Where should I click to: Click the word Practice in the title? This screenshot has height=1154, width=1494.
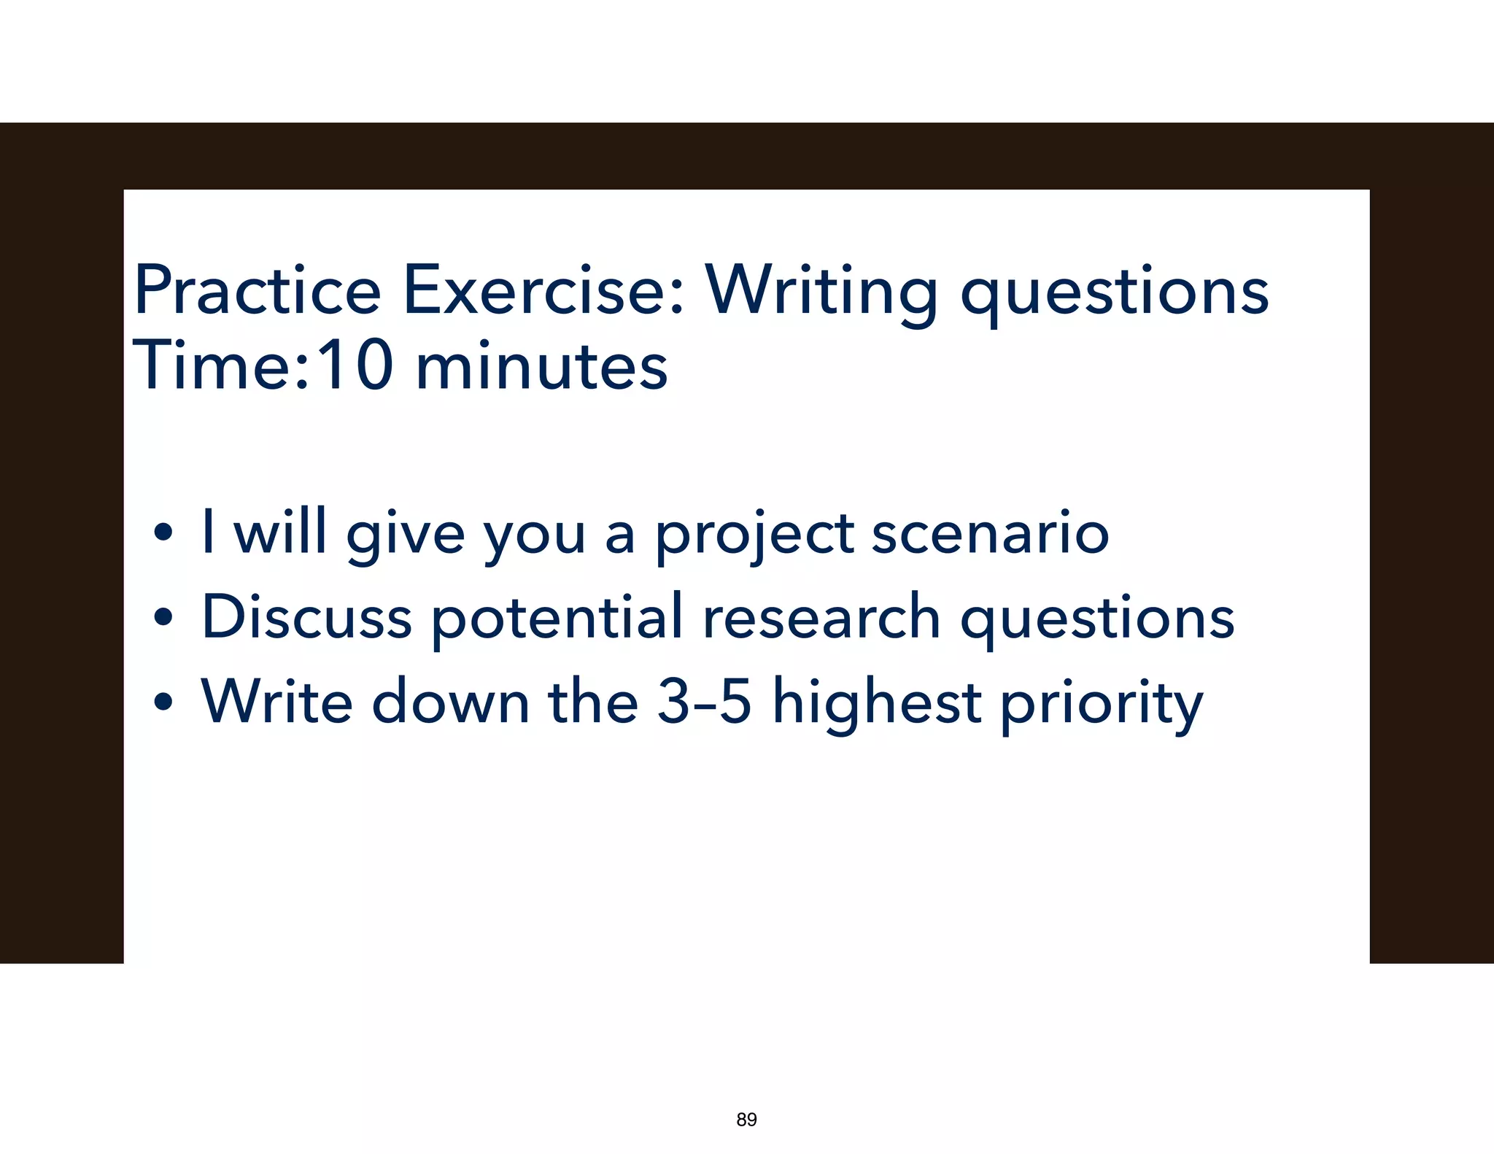click(x=257, y=290)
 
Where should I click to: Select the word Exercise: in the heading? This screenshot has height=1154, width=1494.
click(x=543, y=290)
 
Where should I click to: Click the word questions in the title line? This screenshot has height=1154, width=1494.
click(x=1114, y=293)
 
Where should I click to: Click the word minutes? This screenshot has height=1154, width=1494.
click(x=541, y=366)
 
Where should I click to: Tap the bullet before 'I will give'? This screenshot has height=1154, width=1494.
click(x=164, y=533)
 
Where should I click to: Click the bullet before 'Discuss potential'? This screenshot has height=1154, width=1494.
click(x=164, y=617)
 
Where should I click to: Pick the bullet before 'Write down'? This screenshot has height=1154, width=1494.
click(x=164, y=702)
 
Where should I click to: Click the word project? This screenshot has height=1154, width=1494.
click(x=754, y=535)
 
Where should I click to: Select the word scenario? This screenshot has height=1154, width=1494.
click(x=990, y=533)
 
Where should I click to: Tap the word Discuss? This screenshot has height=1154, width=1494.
click(x=306, y=617)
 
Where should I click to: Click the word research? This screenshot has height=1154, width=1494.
click(x=821, y=617)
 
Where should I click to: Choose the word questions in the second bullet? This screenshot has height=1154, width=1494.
click(x=1096, y=620)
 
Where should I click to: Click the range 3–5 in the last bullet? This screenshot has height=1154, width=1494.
click(x=704, y=702)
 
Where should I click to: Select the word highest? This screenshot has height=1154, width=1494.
click(x=876, y=703)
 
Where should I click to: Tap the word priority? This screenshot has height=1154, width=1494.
click(x=1101, y=705)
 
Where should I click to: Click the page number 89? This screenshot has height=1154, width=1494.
click(x=746, y=1120)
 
